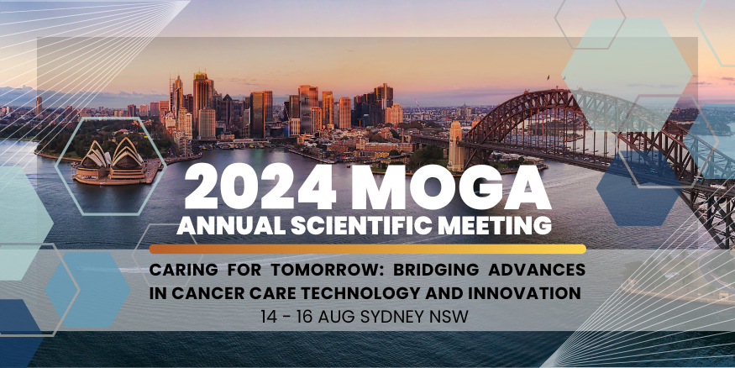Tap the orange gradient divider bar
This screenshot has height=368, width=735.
pyautogui.click(x=367, y=249)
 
